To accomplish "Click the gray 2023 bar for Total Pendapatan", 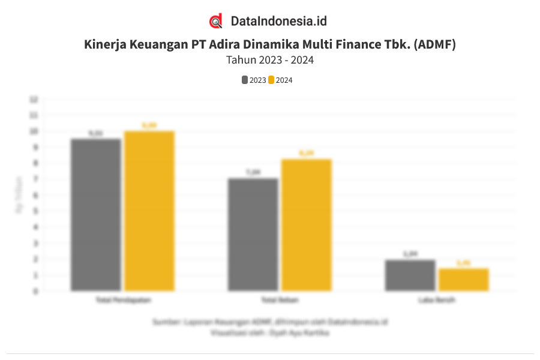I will coord(96,215).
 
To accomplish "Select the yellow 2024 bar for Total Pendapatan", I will coord(149,211).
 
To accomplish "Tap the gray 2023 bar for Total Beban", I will coord(253,235).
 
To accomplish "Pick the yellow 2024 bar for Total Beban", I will coord(307,225).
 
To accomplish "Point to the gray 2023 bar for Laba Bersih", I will coord(410,275).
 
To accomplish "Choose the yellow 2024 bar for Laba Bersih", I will coord(464,280).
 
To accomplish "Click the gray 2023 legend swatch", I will coord(245,80).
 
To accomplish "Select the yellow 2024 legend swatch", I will coord(271,80).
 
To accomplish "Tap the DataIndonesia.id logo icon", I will coord(216,21).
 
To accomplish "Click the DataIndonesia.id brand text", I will coord(278,21).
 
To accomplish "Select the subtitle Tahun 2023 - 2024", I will coord(270,60).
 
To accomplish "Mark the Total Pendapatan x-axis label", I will coord(123,299).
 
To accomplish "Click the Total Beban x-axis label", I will coord(280,299).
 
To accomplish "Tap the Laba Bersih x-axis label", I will coord(437,299).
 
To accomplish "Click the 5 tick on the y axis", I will coord(35,211).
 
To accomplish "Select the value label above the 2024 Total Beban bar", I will coord(306,153).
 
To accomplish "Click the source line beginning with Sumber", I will coord(270,322).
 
